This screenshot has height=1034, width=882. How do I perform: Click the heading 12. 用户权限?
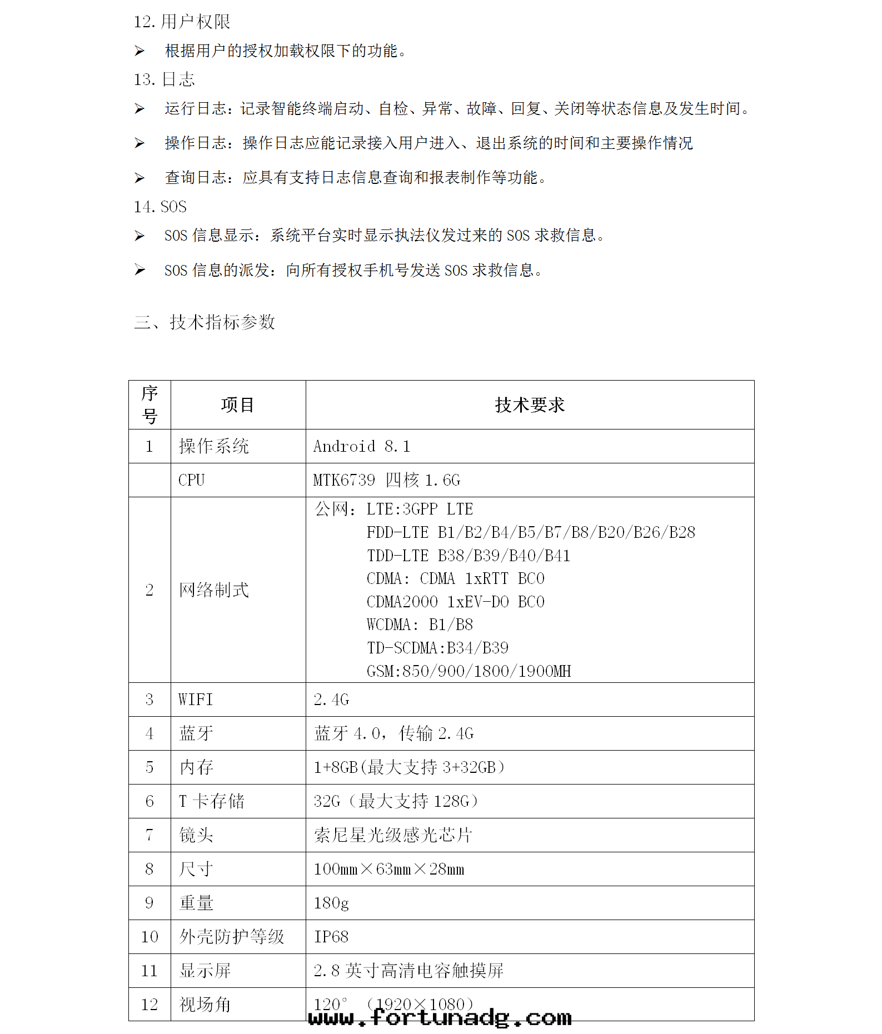click(x=182, y=22)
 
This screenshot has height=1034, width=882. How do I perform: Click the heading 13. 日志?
click(x=165, y=79)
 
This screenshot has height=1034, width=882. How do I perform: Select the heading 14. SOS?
click(x=160, y=207)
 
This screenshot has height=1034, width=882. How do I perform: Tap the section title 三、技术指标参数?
click(x=205, y=322)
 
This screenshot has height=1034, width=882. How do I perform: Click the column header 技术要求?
click(x=530, y=405)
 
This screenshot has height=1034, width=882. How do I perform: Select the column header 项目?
click(x=237, y=405)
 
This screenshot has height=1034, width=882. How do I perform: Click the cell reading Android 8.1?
click(x=362, y=446)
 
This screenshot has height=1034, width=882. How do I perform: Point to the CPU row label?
click(x=192, y=480)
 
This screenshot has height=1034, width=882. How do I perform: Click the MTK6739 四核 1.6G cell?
click(x=387, y=480)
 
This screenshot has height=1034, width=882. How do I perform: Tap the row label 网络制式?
click(x=214, y=590)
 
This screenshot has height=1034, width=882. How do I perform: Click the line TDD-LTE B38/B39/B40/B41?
click(x=469, y=556)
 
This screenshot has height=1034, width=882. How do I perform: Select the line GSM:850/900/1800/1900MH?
click(x=469, y=671)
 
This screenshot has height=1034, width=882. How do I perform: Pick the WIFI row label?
click(x=196, y=700)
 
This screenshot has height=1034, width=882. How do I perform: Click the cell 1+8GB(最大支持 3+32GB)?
click(x=409, y=767)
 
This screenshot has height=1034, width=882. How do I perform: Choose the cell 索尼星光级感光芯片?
click(x=393, y=835)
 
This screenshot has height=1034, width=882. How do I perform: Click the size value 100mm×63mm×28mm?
click(x=389, y=869)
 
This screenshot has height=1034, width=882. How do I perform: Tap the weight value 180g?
click(x=331, y=903)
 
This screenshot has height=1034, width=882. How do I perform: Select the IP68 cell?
click(x=331, y=937)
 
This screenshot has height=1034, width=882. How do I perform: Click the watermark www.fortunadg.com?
click(x=440, y=1018)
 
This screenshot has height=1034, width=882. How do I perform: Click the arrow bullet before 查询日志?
click(x=139, y=178)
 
